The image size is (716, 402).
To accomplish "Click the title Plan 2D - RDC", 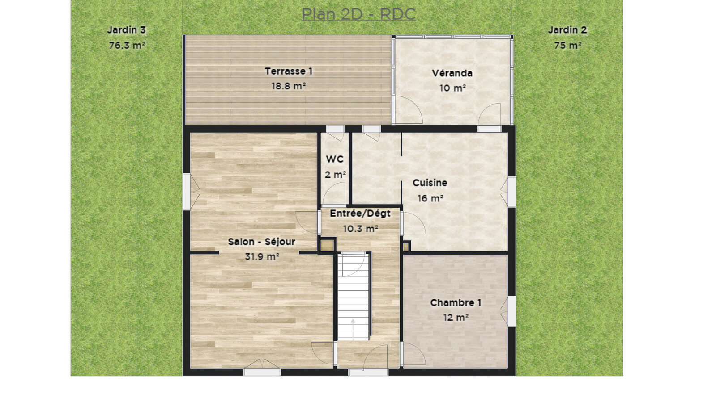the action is tap(358, 14).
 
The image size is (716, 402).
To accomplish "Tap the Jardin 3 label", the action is tap(127, 30).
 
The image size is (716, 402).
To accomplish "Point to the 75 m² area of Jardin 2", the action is tap(568, 46).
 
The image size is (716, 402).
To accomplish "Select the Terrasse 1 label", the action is tap(289, 71).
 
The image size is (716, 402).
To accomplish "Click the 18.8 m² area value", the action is tap(289, 86).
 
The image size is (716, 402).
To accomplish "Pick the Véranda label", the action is tap(452, 73).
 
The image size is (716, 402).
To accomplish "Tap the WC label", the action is tap(335, 159).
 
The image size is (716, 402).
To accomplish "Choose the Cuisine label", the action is tap(430, 183).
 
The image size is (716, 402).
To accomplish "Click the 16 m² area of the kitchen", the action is tap(430, 198).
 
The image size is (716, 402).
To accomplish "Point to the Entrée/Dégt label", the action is tap(360, 214).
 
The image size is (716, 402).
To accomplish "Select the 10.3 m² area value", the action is tap(361, 229).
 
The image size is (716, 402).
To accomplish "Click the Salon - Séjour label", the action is tap(261, 242).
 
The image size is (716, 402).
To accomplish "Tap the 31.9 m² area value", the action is tap(262, 256).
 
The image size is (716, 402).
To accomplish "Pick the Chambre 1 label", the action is tap(456, 302).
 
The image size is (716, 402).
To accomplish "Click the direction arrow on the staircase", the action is tap(353, 329).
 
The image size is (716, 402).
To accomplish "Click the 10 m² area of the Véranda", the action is tap(452, 88).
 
